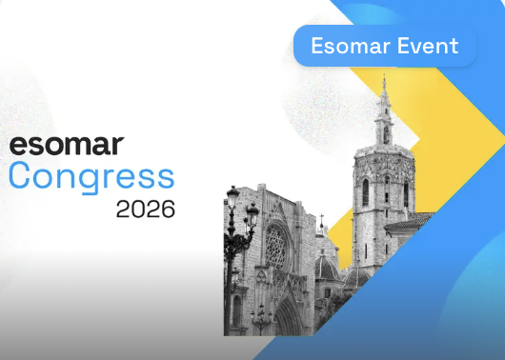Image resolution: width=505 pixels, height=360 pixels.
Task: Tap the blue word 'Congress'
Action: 91,177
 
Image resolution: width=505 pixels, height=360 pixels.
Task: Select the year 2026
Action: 145,209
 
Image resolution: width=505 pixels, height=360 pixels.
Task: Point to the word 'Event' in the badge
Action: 426,46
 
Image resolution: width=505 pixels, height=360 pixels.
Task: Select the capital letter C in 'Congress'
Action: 20,177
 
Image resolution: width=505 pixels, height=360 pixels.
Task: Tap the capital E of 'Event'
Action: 398,46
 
